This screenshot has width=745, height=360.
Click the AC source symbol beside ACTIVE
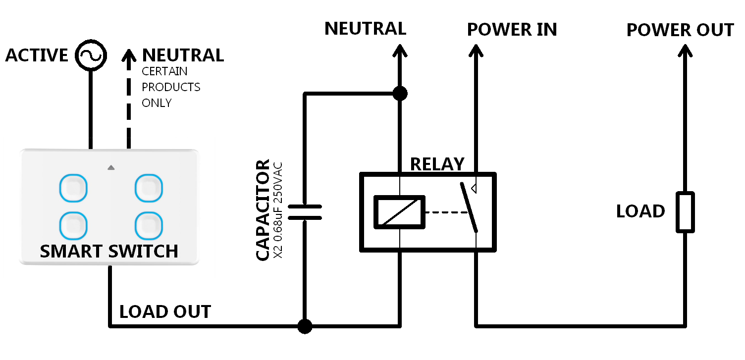[x=91, y=55]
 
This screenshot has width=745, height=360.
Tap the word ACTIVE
[x=37, y=55]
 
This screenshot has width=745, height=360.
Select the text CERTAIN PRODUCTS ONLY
[x=171, y=87]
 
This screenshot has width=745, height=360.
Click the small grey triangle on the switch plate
[x=110, y=167]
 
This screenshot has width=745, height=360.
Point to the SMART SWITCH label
[x=109, y=252]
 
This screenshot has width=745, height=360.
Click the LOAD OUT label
[x=165, y=312]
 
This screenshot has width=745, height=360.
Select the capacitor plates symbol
[x=305, y=212]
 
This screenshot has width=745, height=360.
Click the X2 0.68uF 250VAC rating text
[x=278, y=210]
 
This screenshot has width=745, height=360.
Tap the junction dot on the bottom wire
[x=305, y=326]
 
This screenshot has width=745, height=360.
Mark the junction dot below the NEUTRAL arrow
[x=399, y=93]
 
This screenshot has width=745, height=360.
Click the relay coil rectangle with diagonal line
[x=399, y=212]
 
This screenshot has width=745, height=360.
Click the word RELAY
[x=437, y=164]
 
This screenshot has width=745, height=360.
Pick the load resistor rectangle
[x=686, y=212]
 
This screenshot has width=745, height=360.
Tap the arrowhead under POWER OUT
[x=686, y=50]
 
